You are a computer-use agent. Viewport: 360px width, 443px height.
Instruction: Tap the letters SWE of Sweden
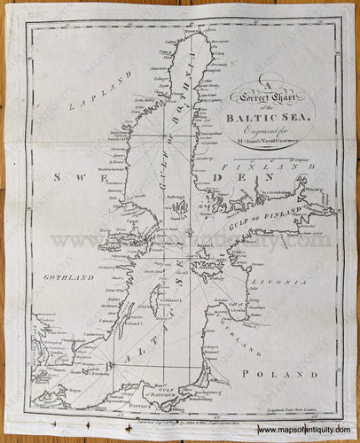click(74, 177)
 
